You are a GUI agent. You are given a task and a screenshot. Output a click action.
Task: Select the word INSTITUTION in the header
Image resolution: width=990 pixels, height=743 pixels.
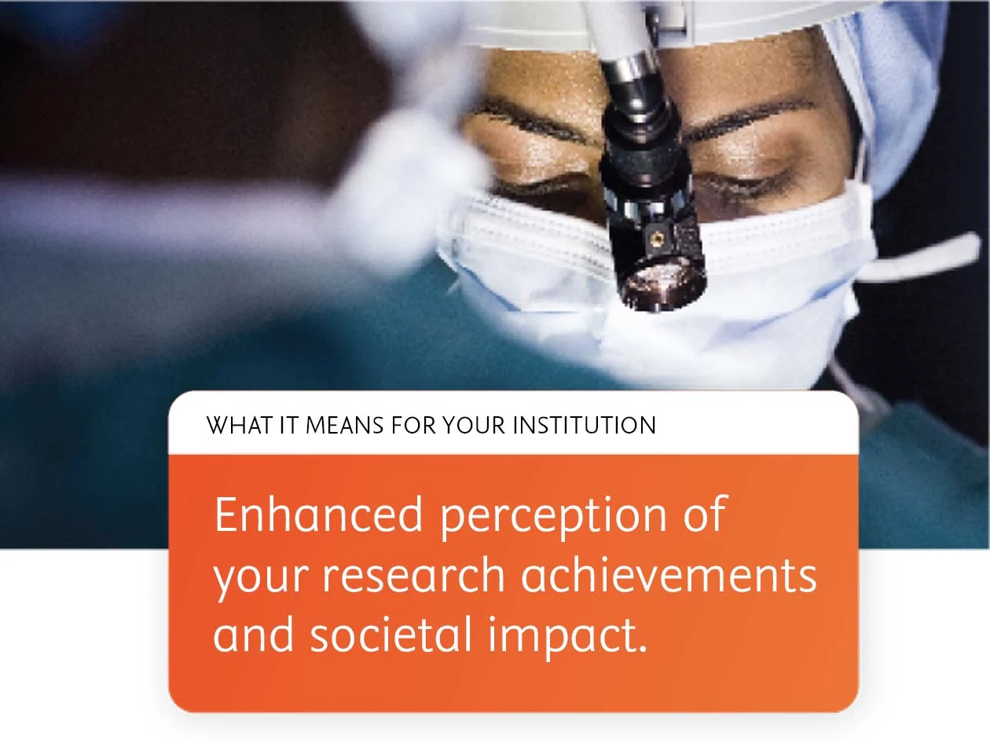[x=584, y=426]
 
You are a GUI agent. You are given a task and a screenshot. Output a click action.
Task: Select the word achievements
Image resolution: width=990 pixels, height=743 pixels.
[x=669, y=575]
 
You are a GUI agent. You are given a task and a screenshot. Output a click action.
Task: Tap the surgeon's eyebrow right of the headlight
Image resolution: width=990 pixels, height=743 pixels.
[x=746, y=118]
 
